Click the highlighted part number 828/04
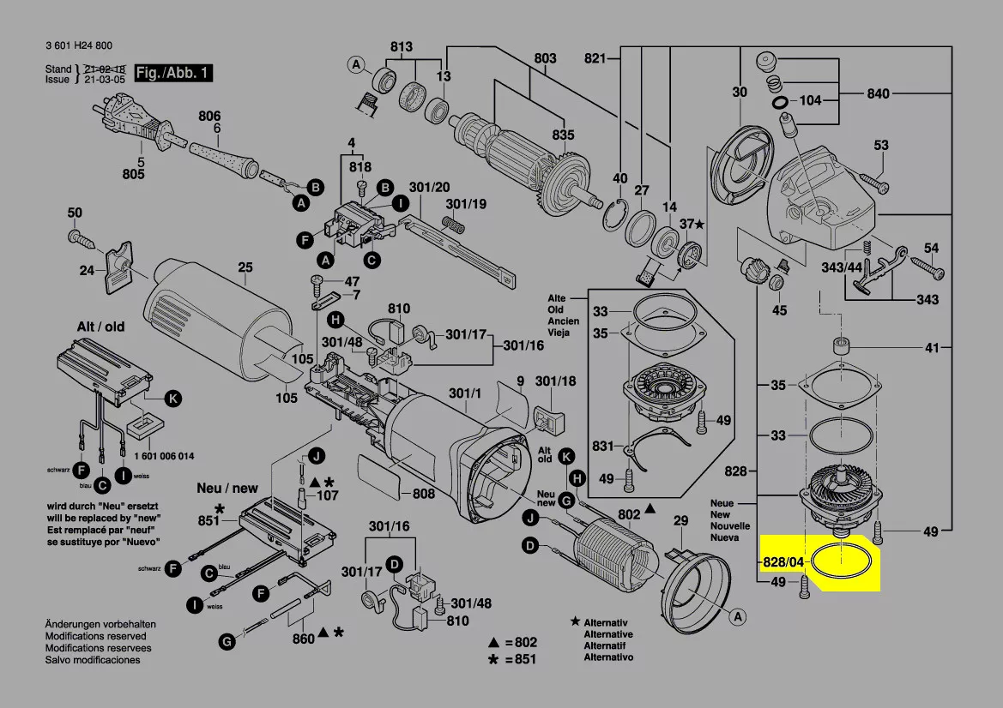pos(783,562)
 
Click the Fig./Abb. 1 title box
pos(174,73)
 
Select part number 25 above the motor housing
pos(245,268)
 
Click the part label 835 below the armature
pos(563,135)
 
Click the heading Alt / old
pos(101,327)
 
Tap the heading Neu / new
pos(227,488)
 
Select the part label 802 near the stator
pos(629,514)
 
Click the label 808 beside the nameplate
pos(424,494)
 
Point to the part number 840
pos(878,93)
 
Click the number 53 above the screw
pos(881,146)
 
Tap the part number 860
pos(303,639)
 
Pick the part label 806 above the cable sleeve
pos(209,116)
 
